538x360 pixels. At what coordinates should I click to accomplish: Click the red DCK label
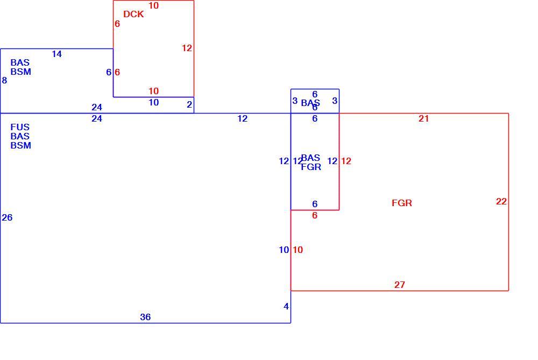(x=133, y=14)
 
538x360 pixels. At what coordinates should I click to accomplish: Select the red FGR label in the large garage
(x=402, y=203)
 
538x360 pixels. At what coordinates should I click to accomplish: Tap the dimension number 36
(x=145, y=317)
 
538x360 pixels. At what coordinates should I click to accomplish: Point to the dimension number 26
(x=7, y=217)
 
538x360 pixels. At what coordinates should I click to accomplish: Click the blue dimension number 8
(x=4, y=81)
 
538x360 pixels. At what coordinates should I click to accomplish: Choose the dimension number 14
(x=56, y=54)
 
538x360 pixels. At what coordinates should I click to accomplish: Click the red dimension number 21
(x=424, y=119)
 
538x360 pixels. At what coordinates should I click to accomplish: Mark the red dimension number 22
(x=501, y=201)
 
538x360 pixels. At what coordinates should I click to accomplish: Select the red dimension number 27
(x=399, y=285)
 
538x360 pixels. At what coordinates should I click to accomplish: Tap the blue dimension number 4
(x=286, y=307)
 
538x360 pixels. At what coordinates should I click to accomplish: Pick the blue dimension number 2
(x=189, y=105)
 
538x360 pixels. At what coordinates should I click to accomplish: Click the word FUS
(x=20, y=128)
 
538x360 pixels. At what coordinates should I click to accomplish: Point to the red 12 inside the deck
(x=187, y=48)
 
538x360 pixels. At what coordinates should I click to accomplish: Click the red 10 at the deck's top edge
(x=153, y=5)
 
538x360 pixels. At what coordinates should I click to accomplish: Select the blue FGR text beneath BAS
(x=311, y=167)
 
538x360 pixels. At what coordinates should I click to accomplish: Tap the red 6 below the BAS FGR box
(x=315, y=216)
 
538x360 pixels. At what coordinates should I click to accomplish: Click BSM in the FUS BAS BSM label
(x=21, y=145)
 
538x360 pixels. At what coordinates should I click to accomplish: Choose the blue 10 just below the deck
(x=153, y=103)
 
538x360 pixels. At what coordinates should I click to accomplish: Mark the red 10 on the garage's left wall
(x=298, y=250)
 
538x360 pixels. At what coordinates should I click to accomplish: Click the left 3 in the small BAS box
(x=295, y=101)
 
